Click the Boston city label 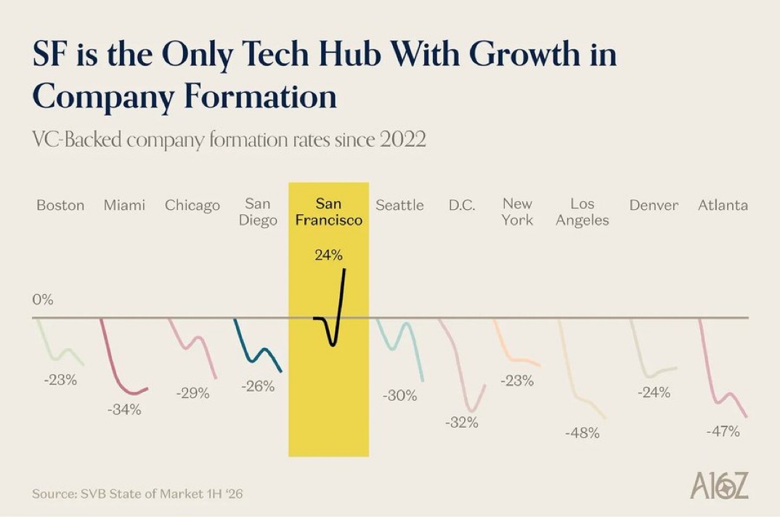(60, 205)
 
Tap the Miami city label (124, 205)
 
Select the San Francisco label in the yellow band (328, 212)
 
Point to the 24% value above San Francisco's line (328, 255)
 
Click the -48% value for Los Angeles (582, 433)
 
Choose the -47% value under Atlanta (723, 431)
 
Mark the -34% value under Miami (124, 410)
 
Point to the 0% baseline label (43, 300)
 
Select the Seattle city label (399, 205)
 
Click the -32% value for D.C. (462, 423)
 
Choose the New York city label (517, 212)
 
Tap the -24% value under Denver (654, 393)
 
